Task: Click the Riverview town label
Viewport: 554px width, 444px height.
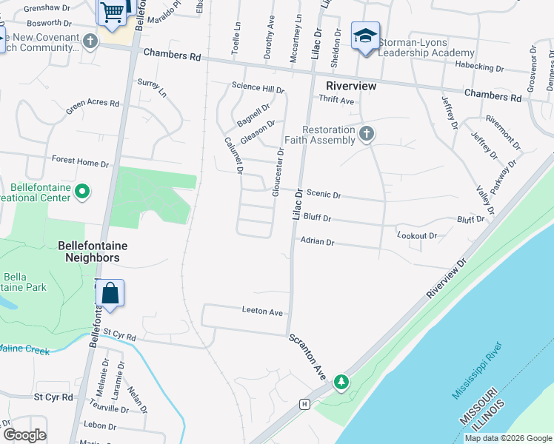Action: click(x=351, y=86)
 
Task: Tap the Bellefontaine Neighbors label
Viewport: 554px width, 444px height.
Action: click(x=89, y=252)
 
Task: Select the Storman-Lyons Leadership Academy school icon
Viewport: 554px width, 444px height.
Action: click(x=365, y=36)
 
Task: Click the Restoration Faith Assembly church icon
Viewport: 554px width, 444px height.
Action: click(x=365, y=134)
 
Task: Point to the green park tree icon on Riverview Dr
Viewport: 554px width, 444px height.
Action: click(x=341, y=382)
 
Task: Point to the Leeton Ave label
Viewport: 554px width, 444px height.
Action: click(x=262, y=312)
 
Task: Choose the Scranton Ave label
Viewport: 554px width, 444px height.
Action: click(x=307, y=357)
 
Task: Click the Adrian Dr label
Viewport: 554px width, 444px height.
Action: click(x=318, y=241)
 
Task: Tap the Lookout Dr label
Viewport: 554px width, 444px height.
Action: click(x=417, y=235)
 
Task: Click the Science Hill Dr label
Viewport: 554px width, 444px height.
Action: click(x=258, y=88)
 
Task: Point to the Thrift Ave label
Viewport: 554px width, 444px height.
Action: click(x=336, y=99)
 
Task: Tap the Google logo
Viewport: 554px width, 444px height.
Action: click(x=24, y=435)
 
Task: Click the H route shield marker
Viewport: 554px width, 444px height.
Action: click(x=304, y=404)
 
